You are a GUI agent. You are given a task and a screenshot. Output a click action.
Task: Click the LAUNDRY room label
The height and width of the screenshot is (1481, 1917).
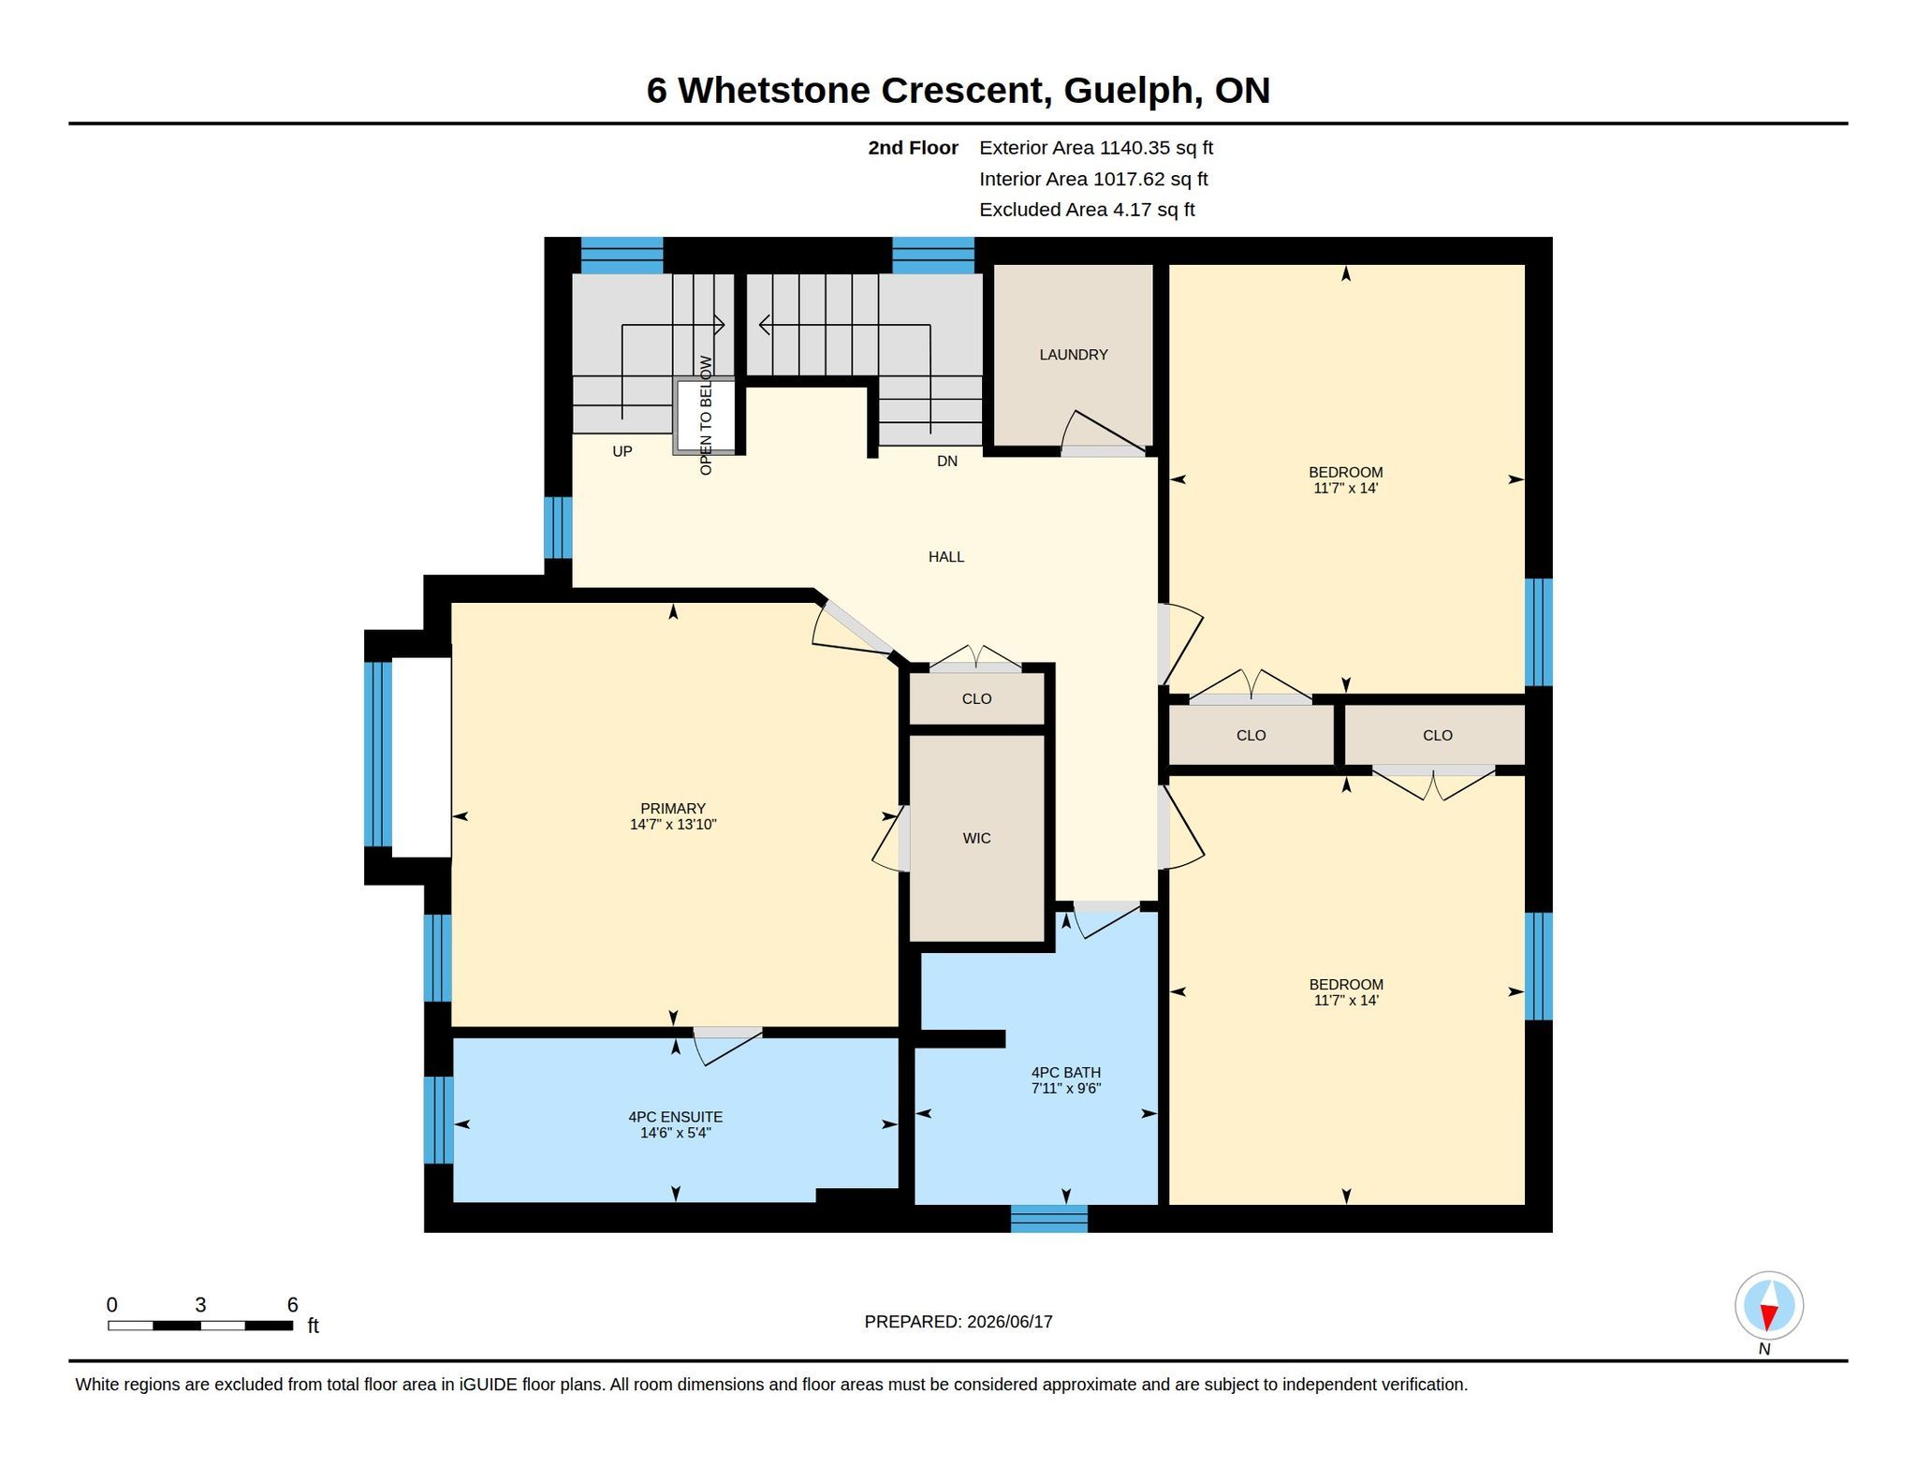tap(1073, 355)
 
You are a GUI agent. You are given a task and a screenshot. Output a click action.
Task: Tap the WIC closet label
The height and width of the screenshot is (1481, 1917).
tap(976, 838)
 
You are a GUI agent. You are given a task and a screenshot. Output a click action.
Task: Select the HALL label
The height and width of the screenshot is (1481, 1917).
tap(945, 557)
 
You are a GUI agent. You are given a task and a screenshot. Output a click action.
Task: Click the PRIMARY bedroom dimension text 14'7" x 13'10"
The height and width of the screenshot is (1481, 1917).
tap(672, 825)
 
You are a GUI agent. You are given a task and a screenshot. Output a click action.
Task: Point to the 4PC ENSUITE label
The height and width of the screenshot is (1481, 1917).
tap(675, 1117)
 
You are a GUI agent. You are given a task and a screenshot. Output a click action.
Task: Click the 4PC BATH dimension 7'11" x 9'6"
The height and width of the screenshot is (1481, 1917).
tap(1065, 1089)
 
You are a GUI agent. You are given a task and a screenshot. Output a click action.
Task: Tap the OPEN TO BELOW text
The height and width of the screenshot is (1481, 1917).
tap(706, 415)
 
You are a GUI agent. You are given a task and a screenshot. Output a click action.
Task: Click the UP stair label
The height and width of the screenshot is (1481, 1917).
tap(622, 451)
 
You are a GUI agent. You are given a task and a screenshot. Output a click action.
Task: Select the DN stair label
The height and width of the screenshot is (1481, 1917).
tap(946, 461)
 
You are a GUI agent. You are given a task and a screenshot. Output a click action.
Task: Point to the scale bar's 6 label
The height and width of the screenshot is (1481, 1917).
tap(292, 1304)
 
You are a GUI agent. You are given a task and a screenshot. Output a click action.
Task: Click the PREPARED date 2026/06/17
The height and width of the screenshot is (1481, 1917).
tap(1009, 1322)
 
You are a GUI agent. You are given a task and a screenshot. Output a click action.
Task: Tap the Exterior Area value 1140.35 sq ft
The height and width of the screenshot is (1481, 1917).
tap(1155, 148)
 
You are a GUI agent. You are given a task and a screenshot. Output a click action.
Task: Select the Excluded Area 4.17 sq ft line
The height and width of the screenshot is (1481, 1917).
tap(1087, 210)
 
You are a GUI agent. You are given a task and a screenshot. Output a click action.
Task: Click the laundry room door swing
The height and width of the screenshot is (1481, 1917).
tap(1103, 433)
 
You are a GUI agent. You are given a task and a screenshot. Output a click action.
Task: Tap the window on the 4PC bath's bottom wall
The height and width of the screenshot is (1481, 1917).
tap(1048, 1218)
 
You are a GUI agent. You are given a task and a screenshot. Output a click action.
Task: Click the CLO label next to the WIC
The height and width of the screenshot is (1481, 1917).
tap(976, 699)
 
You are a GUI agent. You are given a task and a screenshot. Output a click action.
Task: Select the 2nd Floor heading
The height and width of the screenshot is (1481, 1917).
tap(913, 148)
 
